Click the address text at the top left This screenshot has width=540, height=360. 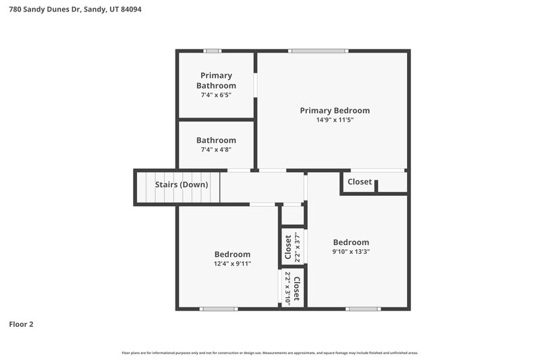(x=75, y=10)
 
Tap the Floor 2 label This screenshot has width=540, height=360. (x=21, y=324)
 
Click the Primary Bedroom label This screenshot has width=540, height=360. (x=335, y=110)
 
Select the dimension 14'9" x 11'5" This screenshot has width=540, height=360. (x=335, y=120)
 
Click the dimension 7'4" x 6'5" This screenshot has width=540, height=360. (x=216, y=95)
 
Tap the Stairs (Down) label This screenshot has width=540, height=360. (x=182, y=184)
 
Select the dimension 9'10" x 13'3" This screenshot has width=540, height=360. (x=351, y=251)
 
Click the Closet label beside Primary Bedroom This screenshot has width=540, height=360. (x=359, y=182)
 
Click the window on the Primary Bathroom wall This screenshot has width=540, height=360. (x=213, y=51)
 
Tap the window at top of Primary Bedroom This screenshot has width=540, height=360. (x=319, y=51)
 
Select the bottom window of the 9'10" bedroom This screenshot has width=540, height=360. (x=362, y=309)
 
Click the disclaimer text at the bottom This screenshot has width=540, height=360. (x=270, y=353)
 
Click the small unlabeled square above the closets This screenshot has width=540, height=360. (x=292, y=215)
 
